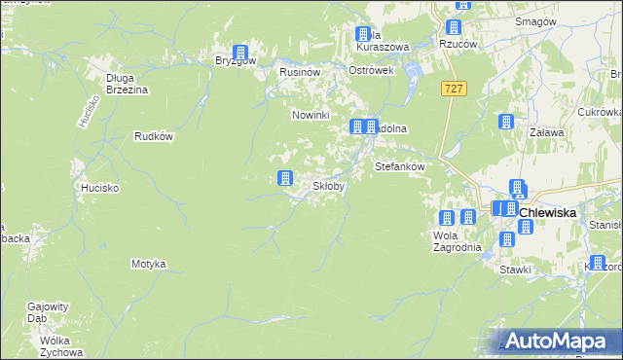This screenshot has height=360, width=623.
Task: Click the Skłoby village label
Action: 328,186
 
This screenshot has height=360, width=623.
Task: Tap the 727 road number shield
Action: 453,89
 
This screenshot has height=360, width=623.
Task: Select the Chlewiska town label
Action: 548,212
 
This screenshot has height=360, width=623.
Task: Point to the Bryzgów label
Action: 236,60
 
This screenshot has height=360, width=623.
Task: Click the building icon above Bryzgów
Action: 240,53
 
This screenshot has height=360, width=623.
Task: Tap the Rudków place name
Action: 154,136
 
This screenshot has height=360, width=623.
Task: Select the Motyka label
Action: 149,264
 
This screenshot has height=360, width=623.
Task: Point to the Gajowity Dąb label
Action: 50,310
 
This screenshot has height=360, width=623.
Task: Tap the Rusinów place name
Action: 300,72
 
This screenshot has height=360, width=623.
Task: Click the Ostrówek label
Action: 371,72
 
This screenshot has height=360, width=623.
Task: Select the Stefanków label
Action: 401,166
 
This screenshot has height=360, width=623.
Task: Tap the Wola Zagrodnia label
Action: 457,240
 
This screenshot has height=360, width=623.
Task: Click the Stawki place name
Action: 515,270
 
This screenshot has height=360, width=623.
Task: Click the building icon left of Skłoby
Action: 285,178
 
